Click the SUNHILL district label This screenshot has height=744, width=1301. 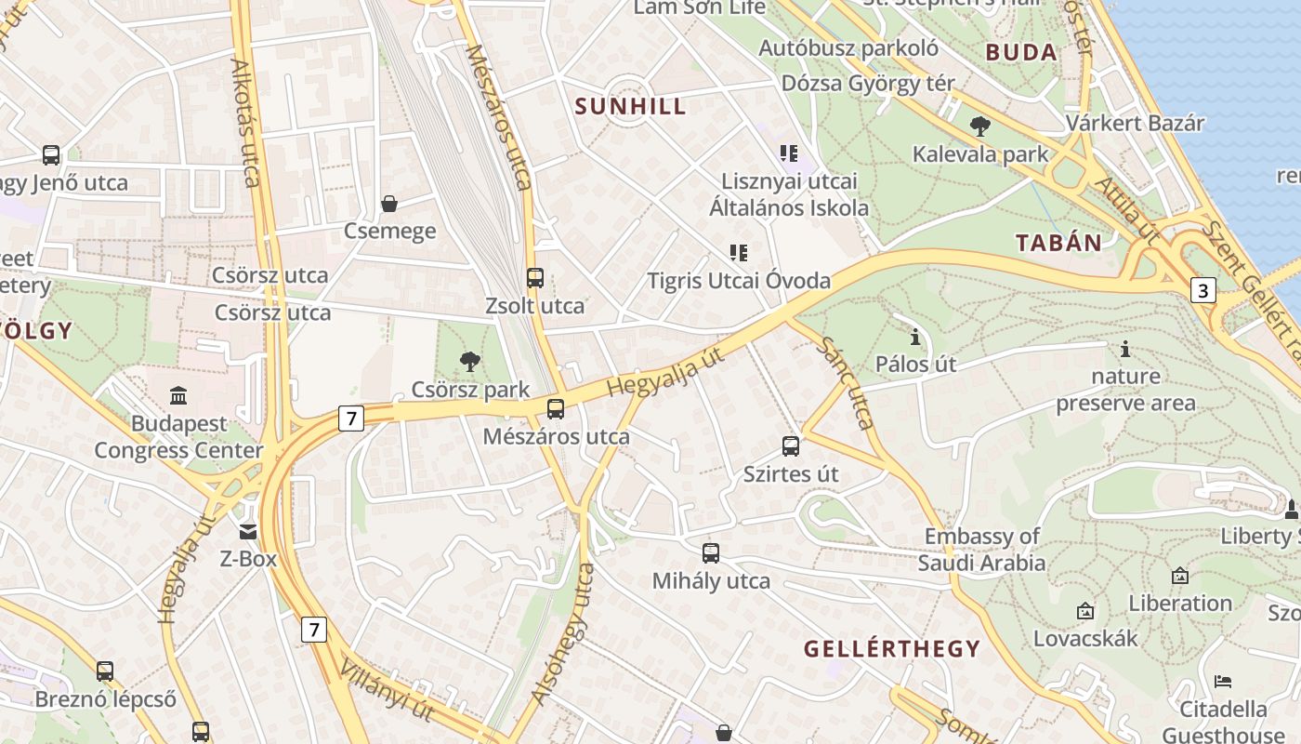pos(630,106)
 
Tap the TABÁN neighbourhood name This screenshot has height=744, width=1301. pos(1058,244)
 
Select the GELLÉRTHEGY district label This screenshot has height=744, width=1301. pos(892,649)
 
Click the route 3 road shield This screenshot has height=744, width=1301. pos(1203,291)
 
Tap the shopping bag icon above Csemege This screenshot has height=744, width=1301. pos(389,204)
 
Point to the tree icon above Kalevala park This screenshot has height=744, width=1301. pos(979,126)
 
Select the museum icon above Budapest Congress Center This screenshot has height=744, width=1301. pos(178,396)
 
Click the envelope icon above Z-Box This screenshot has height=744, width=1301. pos(248,531)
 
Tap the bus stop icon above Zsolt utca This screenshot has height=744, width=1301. pos(534,277)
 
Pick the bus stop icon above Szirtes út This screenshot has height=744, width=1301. pos(791,446)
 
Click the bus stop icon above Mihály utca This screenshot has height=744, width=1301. pos(711,553)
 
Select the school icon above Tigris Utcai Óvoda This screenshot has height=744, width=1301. pos(739,252)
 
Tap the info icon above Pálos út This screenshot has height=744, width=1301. pos(915,336)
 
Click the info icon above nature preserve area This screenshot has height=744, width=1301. pos(1125,349)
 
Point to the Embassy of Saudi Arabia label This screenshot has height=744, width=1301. pos(981,550)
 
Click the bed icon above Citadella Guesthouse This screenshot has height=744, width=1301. pos(1223,682)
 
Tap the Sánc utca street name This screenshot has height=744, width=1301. pos(847,382)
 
